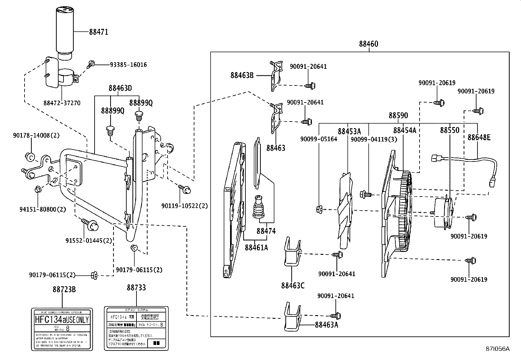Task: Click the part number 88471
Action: tap(98, 32)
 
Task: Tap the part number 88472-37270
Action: tap(62, 103)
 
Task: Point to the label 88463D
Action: tap(120, 88)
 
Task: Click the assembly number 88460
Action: tap(368, 44)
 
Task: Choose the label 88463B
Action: tap(242, 75)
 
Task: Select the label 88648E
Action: tap(479, 138)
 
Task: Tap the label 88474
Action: tap(266, 231)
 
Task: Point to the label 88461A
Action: tap(256, 248)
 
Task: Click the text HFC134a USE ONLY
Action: tap(62, 319)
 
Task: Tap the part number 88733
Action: tap(136, 288)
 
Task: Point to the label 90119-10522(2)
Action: tap(184, 206)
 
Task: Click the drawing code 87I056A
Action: tap(497, 349)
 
